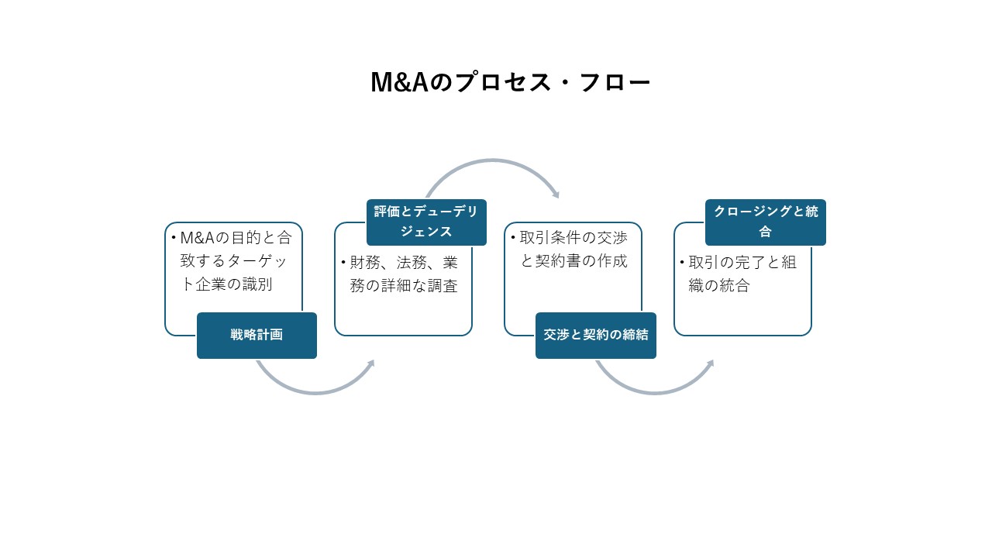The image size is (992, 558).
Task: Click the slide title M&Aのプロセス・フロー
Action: click(510, 83)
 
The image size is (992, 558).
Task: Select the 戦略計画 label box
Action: click(257, 336)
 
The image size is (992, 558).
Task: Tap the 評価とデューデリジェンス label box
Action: click(426, 222)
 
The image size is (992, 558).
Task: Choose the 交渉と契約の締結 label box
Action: click(595, 336)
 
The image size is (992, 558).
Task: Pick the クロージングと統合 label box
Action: click(765, 222)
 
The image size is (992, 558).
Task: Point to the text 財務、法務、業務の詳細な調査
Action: click(404, 274)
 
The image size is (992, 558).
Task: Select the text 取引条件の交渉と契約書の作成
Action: click(573, 249)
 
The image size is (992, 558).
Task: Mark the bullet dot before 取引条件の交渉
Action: click(513, 238)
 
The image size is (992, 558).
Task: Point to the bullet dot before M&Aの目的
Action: click(174, 238)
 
